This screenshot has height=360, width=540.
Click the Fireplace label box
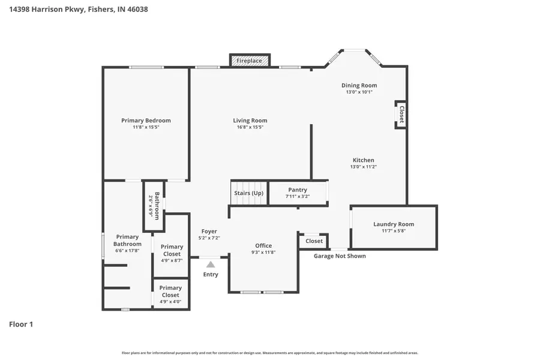pyautogui.click(x=249, y=61)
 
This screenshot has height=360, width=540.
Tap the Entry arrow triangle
pyautogui.click(x=210, y=264)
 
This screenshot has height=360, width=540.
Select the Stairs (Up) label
pyautogui.click(x=248, y=193)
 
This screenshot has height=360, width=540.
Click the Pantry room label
pyautogui.click(x=297, y=190)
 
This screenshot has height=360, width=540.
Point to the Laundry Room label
pyautogui.click(x=394, y=224)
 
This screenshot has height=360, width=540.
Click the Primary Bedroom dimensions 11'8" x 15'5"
pyautogui.click(x=146, y=127)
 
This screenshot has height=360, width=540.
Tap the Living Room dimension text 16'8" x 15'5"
pyautogui.click(x=250, y=127)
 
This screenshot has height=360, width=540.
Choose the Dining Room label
pyautogui.click(x=359, y=86)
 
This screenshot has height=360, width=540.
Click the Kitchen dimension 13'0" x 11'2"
pyautogui.click(x=363, y=167)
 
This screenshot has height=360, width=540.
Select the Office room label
pyautogui.click(x=263, y=245)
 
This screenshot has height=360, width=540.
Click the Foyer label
pyautogui.click(x=209, y=231)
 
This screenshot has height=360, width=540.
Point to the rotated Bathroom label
pyautogui.click(x=157, y=205)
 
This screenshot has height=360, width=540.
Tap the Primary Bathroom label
pyautogui.click(x=127, y=240)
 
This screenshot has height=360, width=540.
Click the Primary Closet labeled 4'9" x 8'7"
pyautogui.click(x=172, y=250)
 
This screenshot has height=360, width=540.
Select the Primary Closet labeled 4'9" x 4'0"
pyautogui.click(x=170, y=292)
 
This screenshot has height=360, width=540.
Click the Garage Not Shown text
pyautogui.click(x=340, y=256)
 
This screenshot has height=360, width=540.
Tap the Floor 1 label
pyautogui.click(x=21, y=324)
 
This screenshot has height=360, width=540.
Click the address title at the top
pyautogui.click(x=78, y=10)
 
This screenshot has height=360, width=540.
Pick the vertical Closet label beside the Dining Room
pyautogui.click(x=401, y=114)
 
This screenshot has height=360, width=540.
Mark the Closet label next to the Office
pyautogui.click(x=314, y=241)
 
